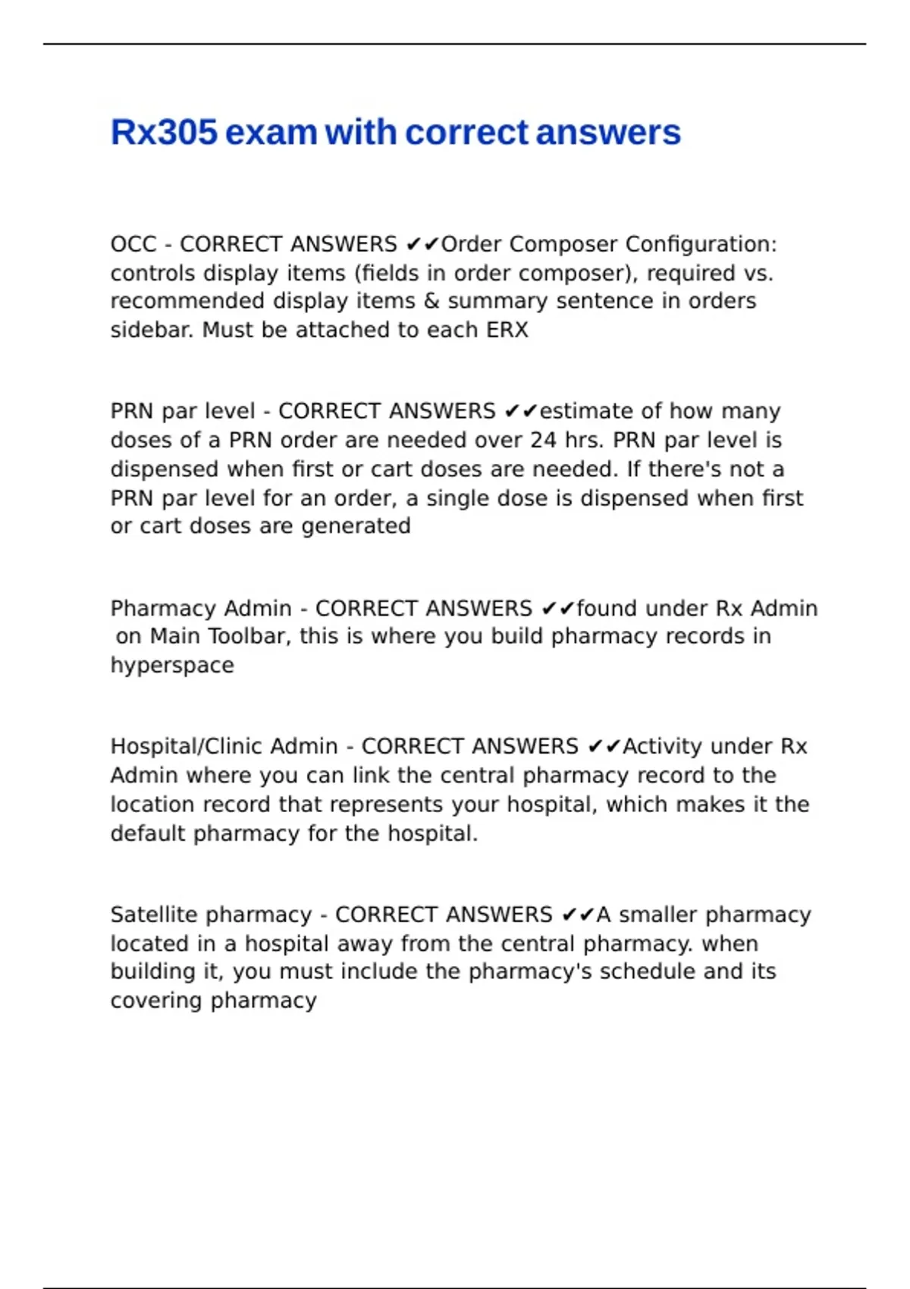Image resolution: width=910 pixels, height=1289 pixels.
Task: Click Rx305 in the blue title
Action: (x=164, y=133)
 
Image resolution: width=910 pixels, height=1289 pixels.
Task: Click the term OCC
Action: (x=133, y=244)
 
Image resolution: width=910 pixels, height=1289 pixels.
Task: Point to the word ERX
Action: (x=507, y=331)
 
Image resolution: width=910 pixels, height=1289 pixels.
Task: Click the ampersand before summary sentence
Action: (x=431, y=301)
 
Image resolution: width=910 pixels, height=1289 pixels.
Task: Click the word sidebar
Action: (x=152, y=331)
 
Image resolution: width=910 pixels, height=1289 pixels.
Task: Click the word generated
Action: (x=356, y=526)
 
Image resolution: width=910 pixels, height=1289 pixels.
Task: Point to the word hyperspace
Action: (x=172, y=666)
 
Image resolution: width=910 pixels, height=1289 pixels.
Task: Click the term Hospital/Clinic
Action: (x=186, y=746)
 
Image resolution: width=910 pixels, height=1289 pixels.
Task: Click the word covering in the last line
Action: (x=157, y=1001)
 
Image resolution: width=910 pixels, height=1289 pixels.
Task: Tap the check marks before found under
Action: (x=558, y=609)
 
